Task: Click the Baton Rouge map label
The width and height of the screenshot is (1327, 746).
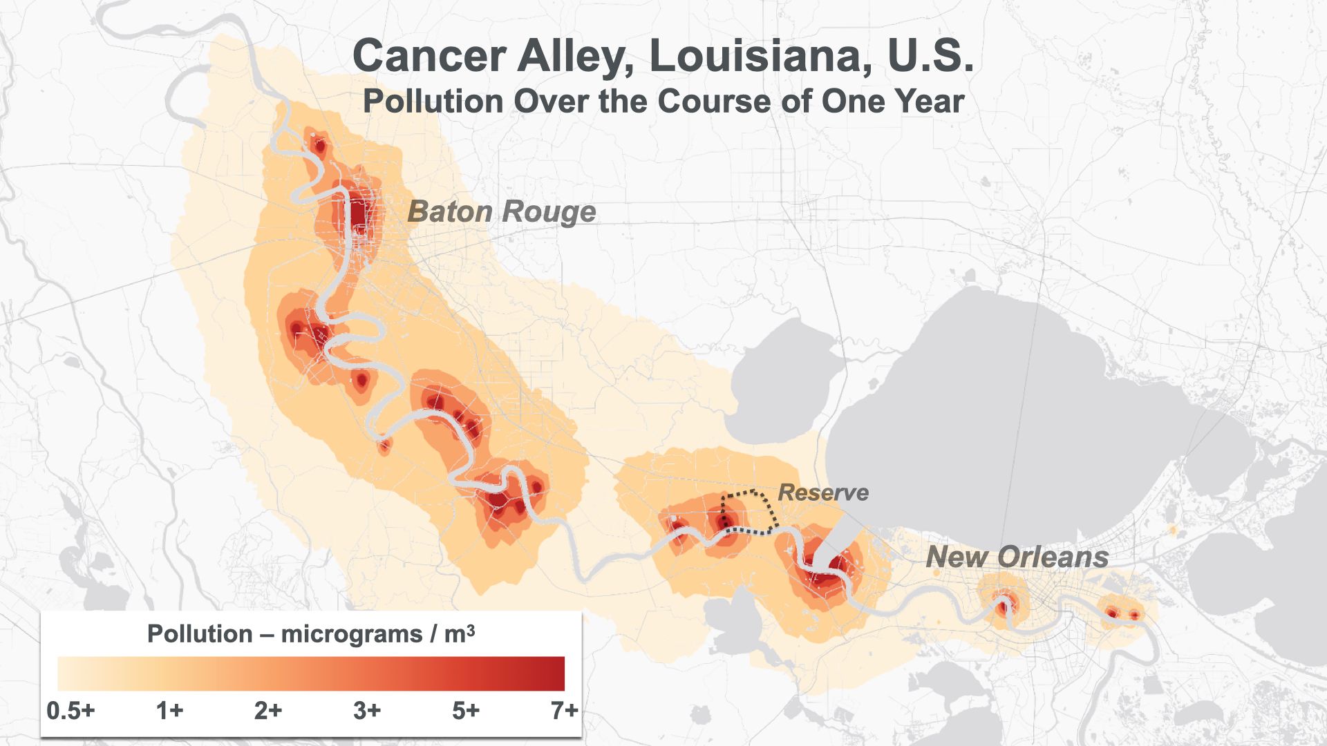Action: [x=501, y=211]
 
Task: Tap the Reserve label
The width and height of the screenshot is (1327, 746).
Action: [x=822, y=492]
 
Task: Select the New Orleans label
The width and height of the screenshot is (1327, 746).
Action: [x=1017, y=557]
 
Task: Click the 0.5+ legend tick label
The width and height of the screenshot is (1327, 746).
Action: [x=70, y=710]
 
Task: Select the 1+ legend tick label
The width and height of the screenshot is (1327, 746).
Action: [x=169, y=710]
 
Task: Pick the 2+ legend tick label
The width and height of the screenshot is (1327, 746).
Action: [x=268, y=710]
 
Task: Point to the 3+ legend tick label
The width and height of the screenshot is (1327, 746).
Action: [x=367, y=710]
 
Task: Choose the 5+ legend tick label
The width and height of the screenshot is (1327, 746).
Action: [x=466, y=710]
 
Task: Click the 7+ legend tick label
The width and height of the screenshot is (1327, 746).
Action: [x=564, y=710]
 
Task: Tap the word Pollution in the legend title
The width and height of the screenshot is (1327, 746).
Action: [x=200, y=633]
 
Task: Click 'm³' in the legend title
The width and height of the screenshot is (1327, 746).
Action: [x=459, y=633]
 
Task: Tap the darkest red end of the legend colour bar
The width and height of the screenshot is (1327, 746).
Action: [x=557, y=673]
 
